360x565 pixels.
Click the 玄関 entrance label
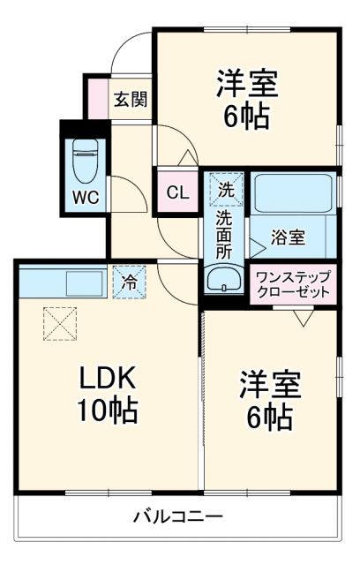pos(130,99)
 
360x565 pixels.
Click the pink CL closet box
pos(177,192)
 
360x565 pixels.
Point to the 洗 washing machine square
pos(226,187)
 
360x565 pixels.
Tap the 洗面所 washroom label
pos(225,234)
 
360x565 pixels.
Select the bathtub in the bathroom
pos(291,193)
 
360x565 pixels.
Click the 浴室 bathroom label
pos(288,237)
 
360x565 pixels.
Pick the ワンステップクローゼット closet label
pos(292,284)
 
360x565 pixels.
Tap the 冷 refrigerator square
pos(129,283)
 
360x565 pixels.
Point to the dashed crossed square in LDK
pos(60,323)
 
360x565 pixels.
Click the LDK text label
pos(108,379)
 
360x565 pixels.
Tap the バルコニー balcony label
pos(177,515)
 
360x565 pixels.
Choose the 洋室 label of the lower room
pos(270,385)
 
